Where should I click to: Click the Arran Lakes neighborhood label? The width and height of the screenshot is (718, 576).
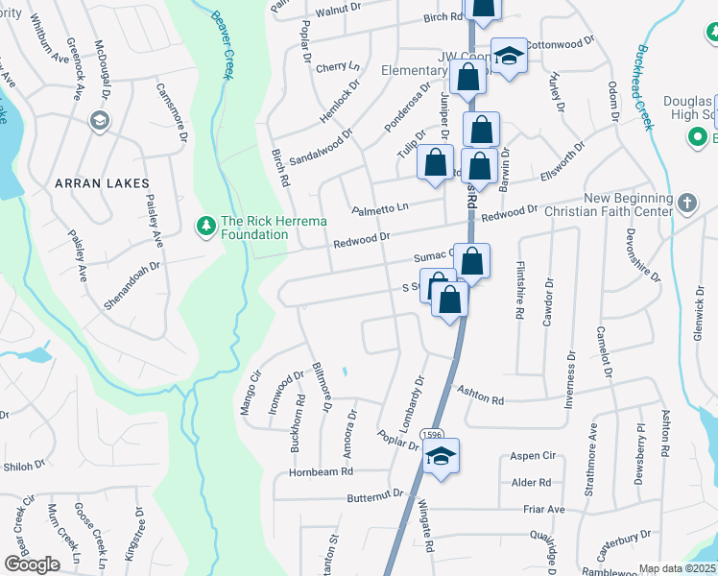pyautogui.click(x=102, y=182)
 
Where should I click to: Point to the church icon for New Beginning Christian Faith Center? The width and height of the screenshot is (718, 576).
pyautogui.click(x=685, y=203)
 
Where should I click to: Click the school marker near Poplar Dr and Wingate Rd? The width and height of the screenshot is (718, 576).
pyautogui.click(x=442, y=456)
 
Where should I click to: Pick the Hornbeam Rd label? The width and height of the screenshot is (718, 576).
pyautogui.click(x=322, y=472)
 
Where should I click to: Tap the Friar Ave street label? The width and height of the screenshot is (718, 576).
pyautogui.click(x=543, y=509)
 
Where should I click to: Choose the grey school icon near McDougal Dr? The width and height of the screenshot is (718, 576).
pyautogui.click(x=98, y=121)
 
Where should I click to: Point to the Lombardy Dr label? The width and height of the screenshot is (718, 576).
pyautogui.click(x=412, y=402)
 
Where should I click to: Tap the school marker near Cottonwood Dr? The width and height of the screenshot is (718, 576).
pyautogui.click(x=509, y=56)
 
